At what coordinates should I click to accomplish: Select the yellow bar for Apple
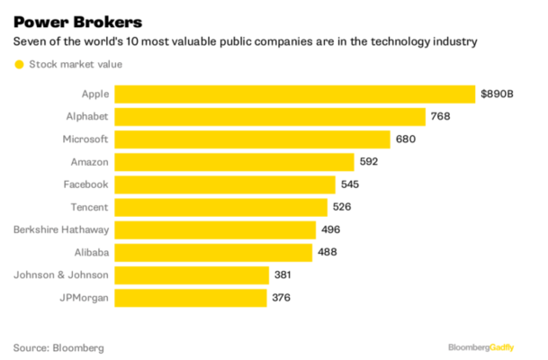[x=294, y=94]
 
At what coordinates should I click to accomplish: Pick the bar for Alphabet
[x=269, y=116]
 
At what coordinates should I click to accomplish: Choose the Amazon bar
[x=234, y=162]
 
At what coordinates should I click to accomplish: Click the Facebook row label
[x=85, y=184]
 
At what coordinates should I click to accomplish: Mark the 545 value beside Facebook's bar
[x=350, y=184]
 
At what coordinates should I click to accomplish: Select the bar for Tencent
[x=220, y=207]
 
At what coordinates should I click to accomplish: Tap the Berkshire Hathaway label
[x=61, y=229]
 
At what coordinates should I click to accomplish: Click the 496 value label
[x=331, y=229]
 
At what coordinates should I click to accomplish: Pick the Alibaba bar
[x=212, y=252]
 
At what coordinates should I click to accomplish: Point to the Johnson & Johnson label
[x=62, y=274]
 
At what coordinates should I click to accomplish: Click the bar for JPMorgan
[x=190, y=297]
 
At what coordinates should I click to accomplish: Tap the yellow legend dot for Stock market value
[x=17, y=64]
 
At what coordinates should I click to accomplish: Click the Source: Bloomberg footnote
[x=58, y=347]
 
